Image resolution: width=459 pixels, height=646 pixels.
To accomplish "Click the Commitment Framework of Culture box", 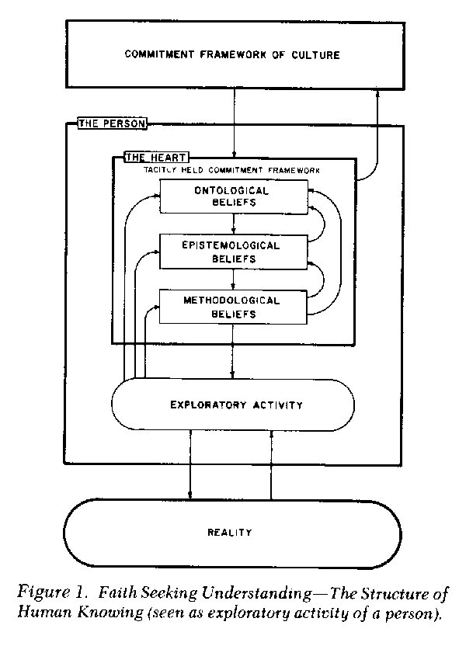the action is (x=235, y=54).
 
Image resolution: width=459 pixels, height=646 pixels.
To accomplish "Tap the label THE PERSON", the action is (x=112, y=123).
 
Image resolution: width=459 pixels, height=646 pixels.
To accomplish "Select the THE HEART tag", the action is (x=156, y=158).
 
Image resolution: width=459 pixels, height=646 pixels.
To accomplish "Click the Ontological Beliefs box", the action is (x=234, y=196).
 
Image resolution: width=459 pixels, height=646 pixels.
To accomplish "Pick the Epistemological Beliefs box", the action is (x=233, y=252).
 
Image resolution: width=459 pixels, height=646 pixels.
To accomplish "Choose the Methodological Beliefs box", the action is (x=233, y=307).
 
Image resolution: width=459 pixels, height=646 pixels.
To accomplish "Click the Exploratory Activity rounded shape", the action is (x=233, y=405).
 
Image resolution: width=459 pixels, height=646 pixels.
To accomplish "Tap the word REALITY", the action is (x=230, y=533).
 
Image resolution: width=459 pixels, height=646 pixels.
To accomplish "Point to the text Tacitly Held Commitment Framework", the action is (x=231, y=170).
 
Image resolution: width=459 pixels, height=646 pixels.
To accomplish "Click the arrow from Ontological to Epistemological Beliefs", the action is (x=234, y=224).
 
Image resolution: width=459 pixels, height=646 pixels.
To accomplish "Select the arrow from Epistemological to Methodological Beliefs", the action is (x=234, y=280).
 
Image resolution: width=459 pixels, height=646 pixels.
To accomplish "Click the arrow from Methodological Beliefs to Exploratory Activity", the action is (x=233, y=352).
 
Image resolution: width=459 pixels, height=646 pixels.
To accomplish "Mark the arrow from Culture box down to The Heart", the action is (x=234, y=123).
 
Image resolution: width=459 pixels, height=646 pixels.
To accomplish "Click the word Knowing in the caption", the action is (x=110, y=613).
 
